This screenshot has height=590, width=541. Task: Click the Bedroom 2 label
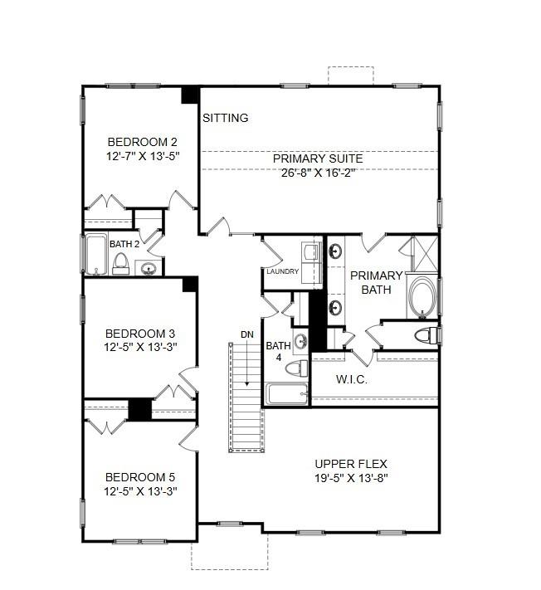(x=141, y=142)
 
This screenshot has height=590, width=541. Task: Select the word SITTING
(x=226, y=118)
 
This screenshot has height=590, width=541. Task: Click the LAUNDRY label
(x=282, y=271)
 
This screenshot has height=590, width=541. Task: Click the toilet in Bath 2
(x=121, y=264)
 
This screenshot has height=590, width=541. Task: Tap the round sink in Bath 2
(x=149, y=268)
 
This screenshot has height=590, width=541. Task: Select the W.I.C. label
(x=352, y=380)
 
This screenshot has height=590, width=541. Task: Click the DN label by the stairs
(x=247, y=334)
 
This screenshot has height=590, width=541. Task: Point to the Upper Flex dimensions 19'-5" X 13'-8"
(x=351, y=479)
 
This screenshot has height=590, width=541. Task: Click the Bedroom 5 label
(x=140, y=477)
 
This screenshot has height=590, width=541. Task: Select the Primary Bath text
(x=375, y=282)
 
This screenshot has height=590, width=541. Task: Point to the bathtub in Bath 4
(x=285, y=393)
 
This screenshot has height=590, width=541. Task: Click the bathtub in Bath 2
(x=95, y=255)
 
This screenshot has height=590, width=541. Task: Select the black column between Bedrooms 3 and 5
(x=140, y=409)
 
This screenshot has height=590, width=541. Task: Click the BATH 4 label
(x=277, y=351)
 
